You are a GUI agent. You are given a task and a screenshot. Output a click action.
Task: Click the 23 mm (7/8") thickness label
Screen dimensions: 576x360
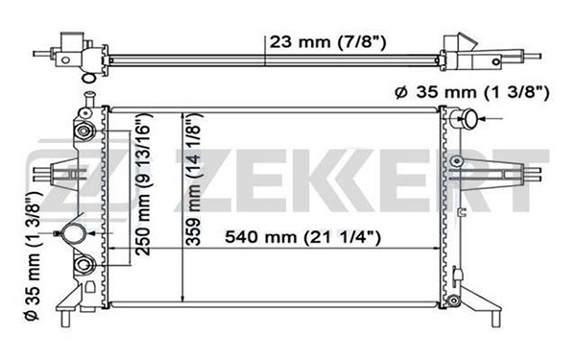click(x=327, y=42)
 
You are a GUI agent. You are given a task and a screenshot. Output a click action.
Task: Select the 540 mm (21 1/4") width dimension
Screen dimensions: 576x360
click(x=302, y=237)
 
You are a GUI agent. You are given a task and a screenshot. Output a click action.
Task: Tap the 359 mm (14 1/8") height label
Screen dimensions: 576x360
click(x=194, y=179)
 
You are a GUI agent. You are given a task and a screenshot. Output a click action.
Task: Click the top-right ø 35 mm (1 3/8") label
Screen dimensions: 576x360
click(x=472, y=92)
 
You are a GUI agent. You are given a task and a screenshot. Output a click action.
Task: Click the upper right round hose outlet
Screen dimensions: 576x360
click(x=469, y=119)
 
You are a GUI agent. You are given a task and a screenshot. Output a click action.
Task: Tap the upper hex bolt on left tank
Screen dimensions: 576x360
click(x=84, y=132)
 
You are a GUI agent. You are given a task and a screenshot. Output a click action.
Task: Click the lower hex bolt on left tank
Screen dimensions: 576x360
click(x=84, y=265)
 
